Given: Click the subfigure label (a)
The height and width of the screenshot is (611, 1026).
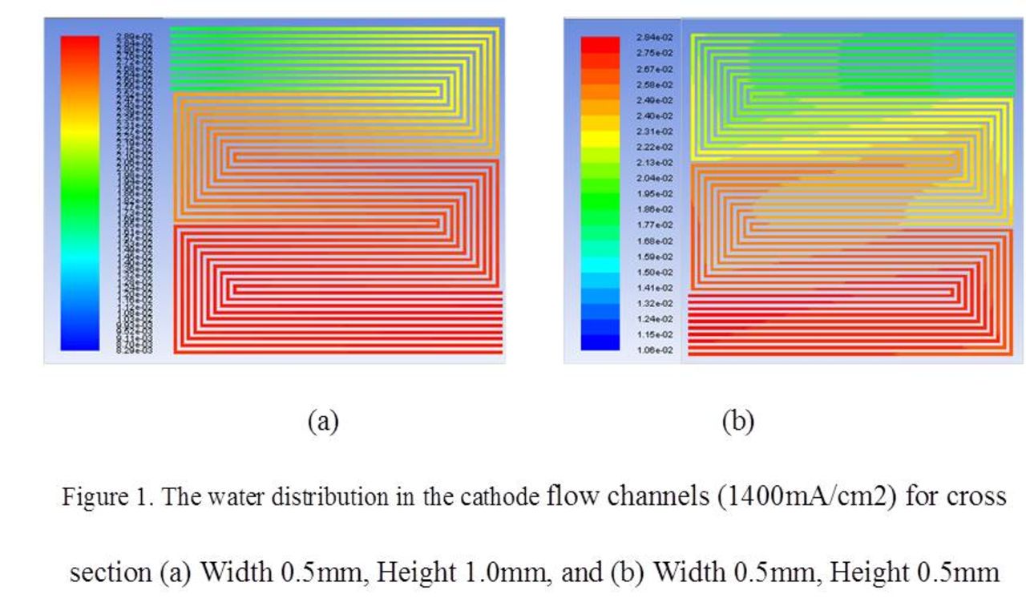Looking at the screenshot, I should click(323, 421).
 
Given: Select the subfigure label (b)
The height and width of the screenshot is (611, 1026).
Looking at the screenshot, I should click(737, 421).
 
